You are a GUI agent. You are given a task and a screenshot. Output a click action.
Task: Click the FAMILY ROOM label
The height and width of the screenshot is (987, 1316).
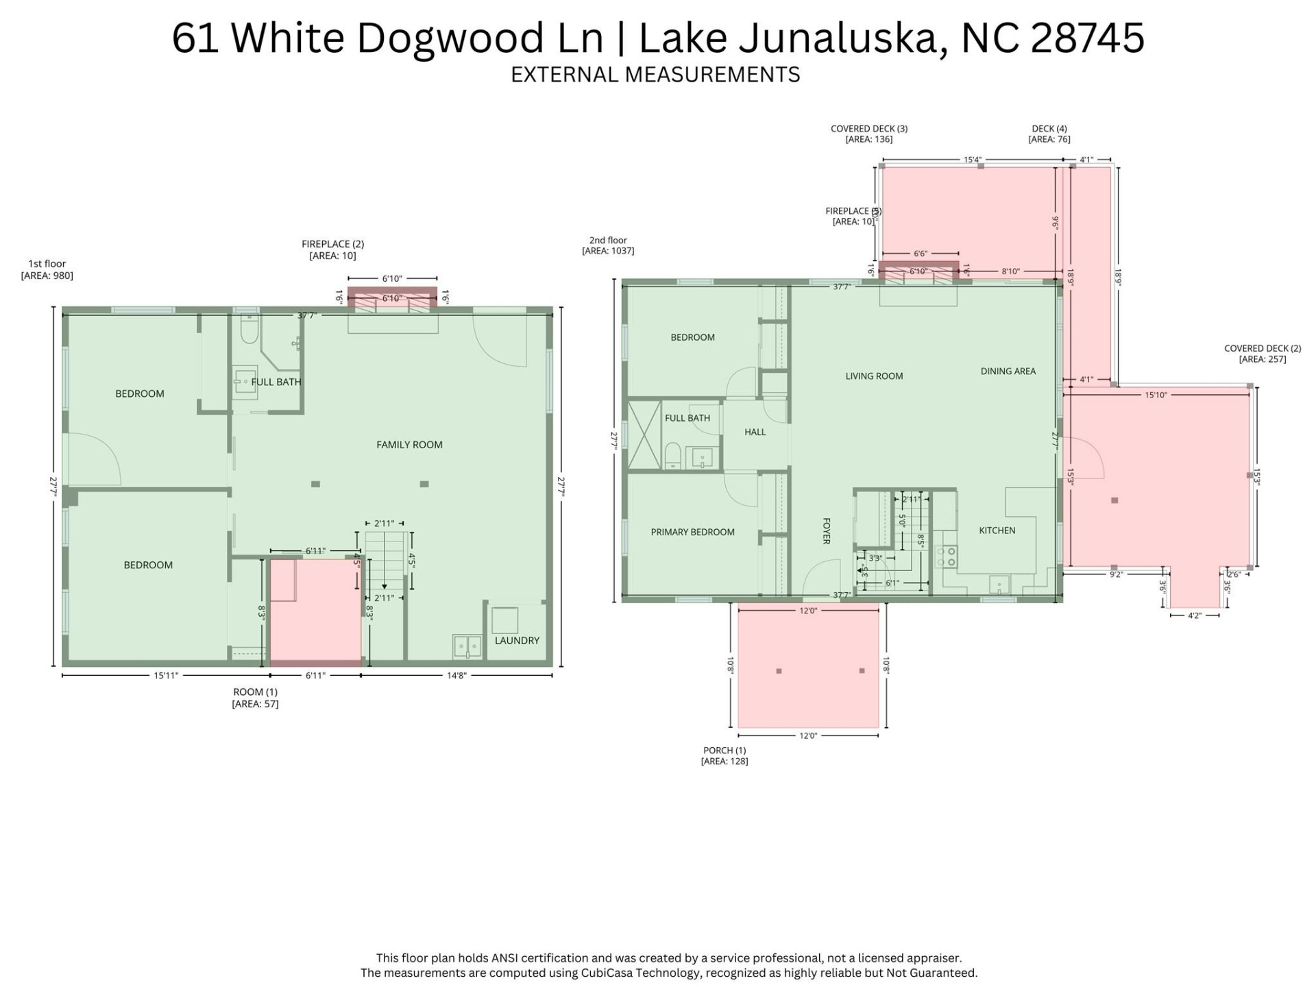coord(409,445)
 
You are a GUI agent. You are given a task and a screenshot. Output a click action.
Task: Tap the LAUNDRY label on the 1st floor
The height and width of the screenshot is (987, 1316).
coord(517,640)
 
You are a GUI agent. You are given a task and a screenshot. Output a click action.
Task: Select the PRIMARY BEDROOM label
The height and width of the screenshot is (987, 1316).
coord(692,532)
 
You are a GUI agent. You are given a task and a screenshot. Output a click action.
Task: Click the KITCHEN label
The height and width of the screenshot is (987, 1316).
coord(997,531)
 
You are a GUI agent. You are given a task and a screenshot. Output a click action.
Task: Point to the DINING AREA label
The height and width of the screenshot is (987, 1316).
coord(1008,371)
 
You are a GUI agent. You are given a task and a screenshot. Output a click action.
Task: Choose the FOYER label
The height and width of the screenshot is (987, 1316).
coord(826,531)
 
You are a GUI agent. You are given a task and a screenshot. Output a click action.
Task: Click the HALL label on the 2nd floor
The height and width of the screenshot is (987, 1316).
coord(755,432)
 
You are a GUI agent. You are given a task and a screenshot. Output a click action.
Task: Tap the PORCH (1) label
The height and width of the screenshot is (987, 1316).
coord(724,751)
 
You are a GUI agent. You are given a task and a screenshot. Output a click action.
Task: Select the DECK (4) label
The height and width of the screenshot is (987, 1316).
coord(1049,129)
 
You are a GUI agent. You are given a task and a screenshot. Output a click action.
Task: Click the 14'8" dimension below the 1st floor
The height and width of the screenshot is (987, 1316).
coord(456,676)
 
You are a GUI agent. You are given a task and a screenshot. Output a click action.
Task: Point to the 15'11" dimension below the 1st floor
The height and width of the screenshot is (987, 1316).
coord(166,676)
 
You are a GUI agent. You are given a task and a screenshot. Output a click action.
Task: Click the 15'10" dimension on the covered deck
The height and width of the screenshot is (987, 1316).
coord(1156,395)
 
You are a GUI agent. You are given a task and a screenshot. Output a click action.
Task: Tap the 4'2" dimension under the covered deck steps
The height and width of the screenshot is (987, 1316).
coord(1194,616)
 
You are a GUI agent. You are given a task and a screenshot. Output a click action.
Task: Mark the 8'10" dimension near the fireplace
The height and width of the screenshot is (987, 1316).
coord(1010,271)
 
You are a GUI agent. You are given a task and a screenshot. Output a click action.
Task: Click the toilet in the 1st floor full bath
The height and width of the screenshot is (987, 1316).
coord(249,332)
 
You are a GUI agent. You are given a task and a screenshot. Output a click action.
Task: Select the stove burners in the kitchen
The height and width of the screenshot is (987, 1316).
coord(947,556)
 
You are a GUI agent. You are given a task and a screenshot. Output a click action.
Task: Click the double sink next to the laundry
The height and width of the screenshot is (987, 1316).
coord(467,646)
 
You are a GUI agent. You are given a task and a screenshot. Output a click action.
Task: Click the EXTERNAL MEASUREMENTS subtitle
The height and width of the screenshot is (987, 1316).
coord(655,74)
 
